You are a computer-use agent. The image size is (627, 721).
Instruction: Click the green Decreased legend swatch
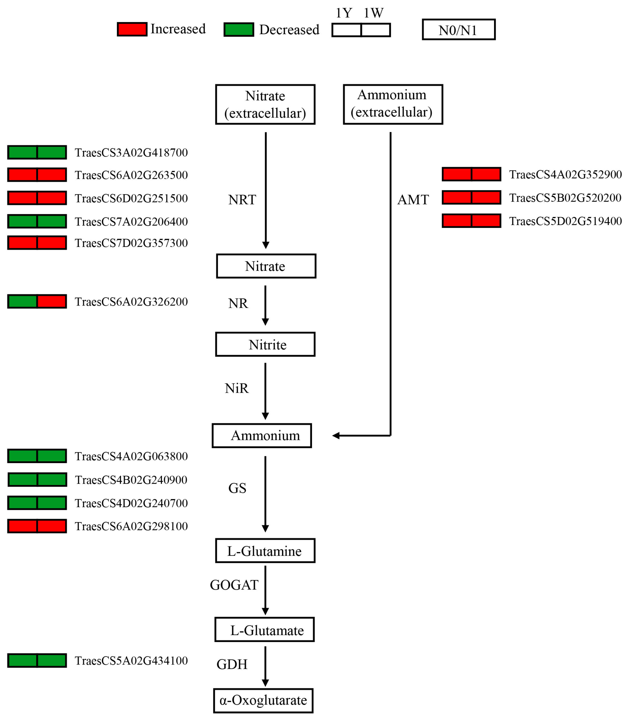[239, 30]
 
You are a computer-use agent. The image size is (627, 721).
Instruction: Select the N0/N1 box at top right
[458, 30]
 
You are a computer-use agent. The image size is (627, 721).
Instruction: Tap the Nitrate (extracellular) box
[265, 104]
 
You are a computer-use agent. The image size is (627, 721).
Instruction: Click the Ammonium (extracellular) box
[393, 104]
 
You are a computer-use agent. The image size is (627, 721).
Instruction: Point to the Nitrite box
[265, 344]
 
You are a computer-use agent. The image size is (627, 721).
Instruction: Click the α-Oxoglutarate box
[263, 700]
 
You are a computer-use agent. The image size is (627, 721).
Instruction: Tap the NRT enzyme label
[242, 200]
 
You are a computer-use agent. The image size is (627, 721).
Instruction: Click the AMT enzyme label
[413, 200]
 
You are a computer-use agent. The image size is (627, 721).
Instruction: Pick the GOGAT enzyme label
[234, 585]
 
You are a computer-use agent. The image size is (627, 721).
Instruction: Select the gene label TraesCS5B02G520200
[565, 198]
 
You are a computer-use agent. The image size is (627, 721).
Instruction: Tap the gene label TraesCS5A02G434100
[131, 661]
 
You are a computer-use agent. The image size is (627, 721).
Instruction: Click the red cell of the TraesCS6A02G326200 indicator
[52, 301]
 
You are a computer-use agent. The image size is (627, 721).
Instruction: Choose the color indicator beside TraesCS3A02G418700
[37, 152]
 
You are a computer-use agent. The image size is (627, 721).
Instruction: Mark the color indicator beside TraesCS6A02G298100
[37, 526]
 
